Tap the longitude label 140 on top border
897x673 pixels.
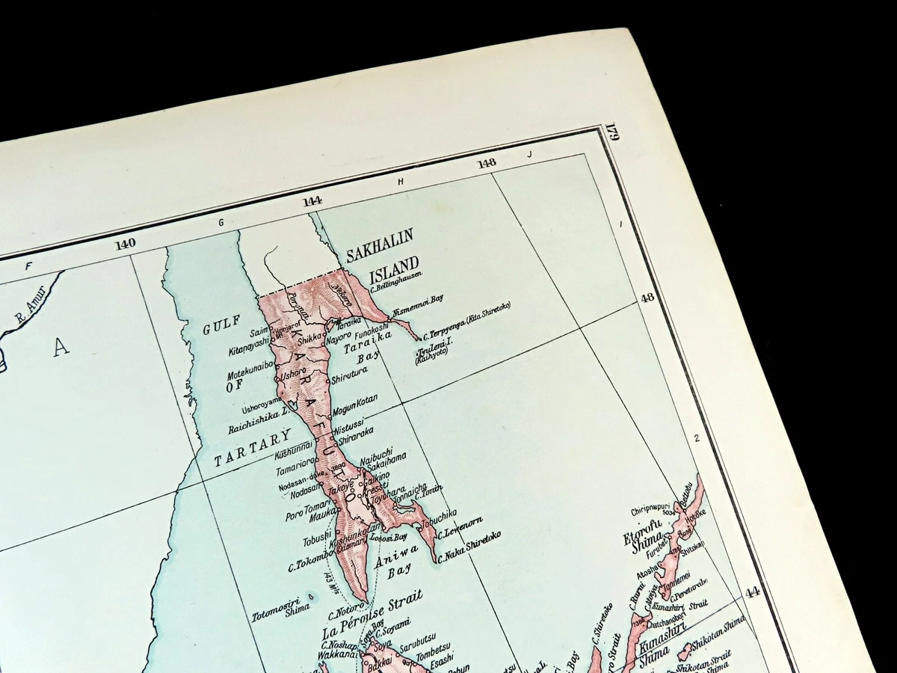point(125,244)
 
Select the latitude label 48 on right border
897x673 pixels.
point(647,297)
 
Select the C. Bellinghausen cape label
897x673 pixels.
point(396,278)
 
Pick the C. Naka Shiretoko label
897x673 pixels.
point(469,547)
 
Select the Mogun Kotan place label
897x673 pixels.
point(355,403)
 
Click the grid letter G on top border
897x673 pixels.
point(221,222)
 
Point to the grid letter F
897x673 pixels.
point(29,265)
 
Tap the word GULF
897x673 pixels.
point(222,322)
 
